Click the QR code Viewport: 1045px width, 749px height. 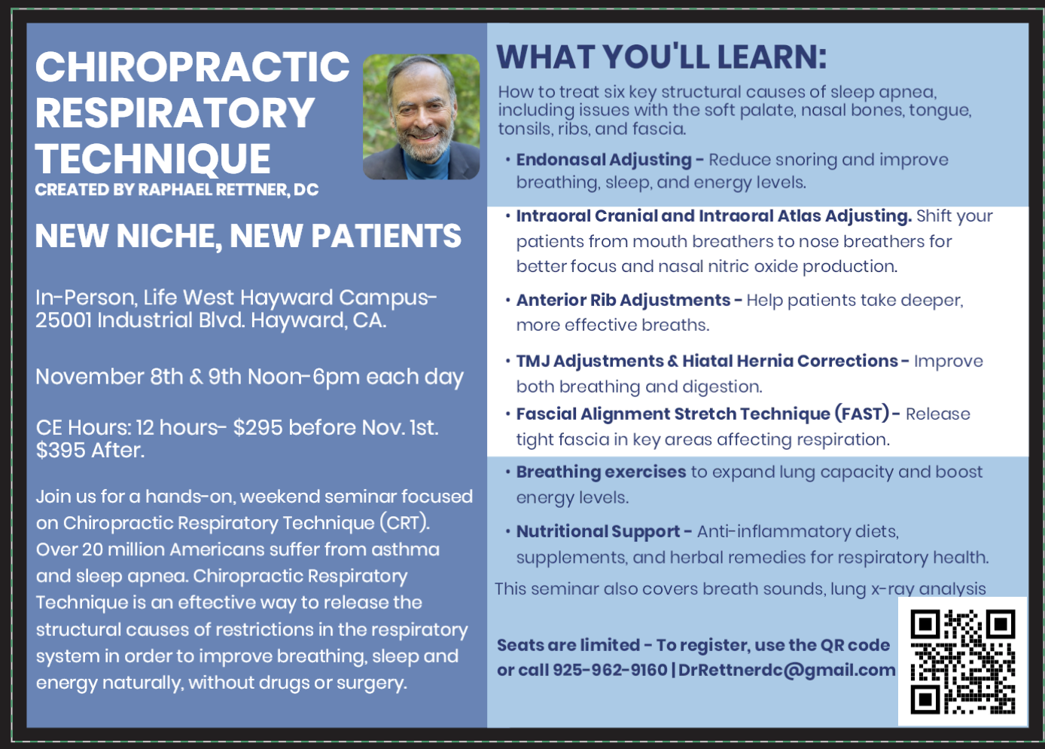pos(963,662)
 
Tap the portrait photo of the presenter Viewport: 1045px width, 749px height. pos(422,117)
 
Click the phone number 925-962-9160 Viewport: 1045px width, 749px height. pos(610,670)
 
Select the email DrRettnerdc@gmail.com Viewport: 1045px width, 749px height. pos(787,670)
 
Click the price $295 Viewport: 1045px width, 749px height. pos(257,427)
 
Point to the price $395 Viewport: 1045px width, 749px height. pos(60,450)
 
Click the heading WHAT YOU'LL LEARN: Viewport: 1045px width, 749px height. pos(662,57)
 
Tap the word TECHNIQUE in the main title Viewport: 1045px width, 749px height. pos(153,159)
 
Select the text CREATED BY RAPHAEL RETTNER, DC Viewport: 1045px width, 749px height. pos(177,190)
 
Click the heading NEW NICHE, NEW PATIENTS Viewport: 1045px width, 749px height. pos(248,236)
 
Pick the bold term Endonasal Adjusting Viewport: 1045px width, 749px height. pos(604,160)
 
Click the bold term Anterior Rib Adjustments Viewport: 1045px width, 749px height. pos(623,300)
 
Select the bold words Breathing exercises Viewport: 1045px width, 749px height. pos(601,472)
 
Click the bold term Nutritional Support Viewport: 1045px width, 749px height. pos(598,531)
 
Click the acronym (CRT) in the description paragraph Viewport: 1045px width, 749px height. pos(404,523)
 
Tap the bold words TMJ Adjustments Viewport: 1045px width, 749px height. pos(590,361)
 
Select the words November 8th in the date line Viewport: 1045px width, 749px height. pos(109,377)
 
